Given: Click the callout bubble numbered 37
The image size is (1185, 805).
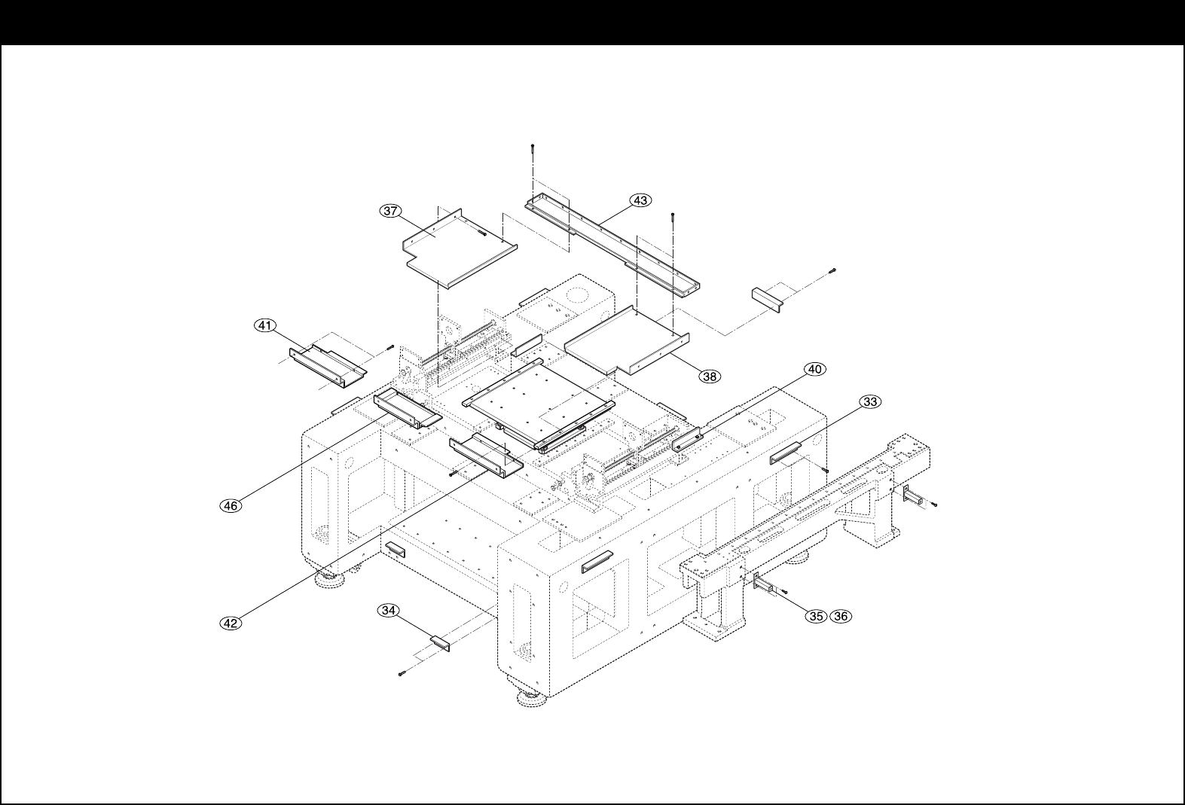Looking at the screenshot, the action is point(389,212).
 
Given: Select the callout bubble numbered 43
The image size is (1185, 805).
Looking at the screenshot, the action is point(640,200).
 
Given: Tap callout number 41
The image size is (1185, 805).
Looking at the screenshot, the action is point(263,325).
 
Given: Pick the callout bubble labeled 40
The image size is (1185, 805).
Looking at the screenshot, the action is point(814,369).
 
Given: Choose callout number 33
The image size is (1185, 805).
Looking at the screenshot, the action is point(869,402).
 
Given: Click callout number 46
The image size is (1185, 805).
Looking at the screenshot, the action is point(231,505).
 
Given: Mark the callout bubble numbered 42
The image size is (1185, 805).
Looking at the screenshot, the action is point(231,623).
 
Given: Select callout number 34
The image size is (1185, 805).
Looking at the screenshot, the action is point(388,611).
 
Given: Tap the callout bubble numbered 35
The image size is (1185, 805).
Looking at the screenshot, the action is point(815,616).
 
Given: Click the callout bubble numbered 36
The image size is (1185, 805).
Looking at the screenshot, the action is point(840,616).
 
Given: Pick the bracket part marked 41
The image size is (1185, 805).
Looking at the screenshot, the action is point(328,365).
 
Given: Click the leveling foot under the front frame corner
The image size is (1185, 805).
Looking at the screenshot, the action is point(533,700).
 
